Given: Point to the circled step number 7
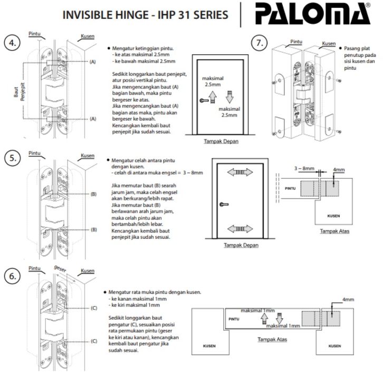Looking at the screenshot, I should tap(258, 44).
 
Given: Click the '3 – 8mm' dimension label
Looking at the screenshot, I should tap(304, 168).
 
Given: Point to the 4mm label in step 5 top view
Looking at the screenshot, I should tap(339, 170).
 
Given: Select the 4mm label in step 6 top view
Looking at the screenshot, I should tap(348, 300).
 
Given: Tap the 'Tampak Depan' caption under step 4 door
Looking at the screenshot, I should tap(221, 142).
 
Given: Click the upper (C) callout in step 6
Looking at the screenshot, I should tap(93, 308).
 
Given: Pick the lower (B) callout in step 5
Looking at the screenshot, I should tap(93, 229).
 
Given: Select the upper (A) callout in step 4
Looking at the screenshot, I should tap(92, 62).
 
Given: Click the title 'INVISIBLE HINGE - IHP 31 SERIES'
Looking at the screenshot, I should tap(145, 14).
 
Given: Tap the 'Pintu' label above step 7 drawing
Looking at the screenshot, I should tap(296, 41).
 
